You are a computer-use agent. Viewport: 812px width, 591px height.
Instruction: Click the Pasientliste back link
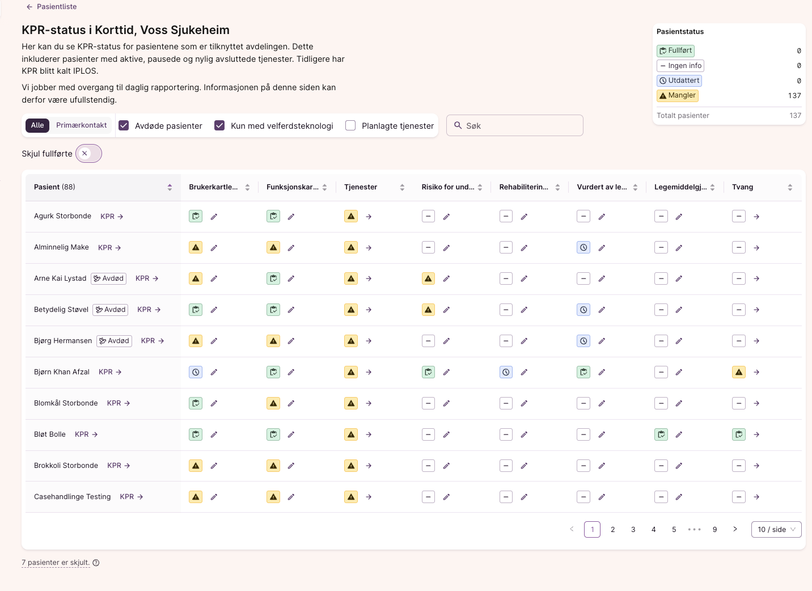[52, 7]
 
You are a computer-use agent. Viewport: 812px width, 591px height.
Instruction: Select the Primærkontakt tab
[81, 125]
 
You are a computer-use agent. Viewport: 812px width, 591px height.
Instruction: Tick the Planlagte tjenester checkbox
[350, 125]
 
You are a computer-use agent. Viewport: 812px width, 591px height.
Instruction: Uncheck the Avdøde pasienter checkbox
[124, 125]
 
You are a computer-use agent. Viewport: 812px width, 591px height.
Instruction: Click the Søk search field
[514, 125]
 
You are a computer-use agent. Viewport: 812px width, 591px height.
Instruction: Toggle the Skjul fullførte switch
[88, 153]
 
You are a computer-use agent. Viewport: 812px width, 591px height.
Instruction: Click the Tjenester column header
[360, 187]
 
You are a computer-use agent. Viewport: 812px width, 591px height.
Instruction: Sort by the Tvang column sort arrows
[789, 187]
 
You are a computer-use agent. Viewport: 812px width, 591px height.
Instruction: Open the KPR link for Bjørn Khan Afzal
[110, 372]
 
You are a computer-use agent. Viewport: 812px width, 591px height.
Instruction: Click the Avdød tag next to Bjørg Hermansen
[114, 341]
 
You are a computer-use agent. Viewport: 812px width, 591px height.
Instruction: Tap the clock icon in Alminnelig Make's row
[583, 247]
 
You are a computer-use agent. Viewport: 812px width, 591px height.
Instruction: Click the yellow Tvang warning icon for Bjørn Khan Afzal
[738, 372]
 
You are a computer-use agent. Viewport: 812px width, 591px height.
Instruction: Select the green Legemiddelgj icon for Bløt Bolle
[661, 434]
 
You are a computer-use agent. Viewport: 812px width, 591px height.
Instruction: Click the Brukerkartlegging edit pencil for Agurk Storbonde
[214, 217]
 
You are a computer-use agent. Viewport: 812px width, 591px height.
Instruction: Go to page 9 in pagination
[714, 529]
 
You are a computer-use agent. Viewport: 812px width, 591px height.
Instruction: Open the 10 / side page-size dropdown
[776, 529]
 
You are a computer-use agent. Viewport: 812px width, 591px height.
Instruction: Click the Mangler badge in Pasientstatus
[677, 95]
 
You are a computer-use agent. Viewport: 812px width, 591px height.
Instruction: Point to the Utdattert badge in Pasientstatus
[679, 81]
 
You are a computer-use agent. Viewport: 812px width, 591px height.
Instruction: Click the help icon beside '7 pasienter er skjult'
[96, 563]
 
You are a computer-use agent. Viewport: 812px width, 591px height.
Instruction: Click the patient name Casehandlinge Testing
[72, 497]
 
